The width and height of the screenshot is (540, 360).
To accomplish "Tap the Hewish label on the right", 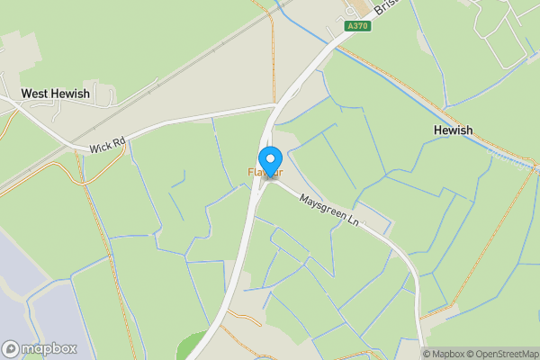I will click(x=453, y=130).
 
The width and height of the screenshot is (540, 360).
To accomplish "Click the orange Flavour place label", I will click(x=266, y=172).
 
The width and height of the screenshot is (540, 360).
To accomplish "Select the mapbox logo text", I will click(x=49, y=348).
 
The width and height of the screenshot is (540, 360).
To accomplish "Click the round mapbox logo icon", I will click(x=12, y=348).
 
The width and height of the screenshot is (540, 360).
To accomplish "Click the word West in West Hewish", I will click(x=38, y=94).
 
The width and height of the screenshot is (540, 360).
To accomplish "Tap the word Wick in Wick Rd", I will click(x=98, y=148).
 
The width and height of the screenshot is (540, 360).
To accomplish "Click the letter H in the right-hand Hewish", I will click(x=437, y=130).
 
